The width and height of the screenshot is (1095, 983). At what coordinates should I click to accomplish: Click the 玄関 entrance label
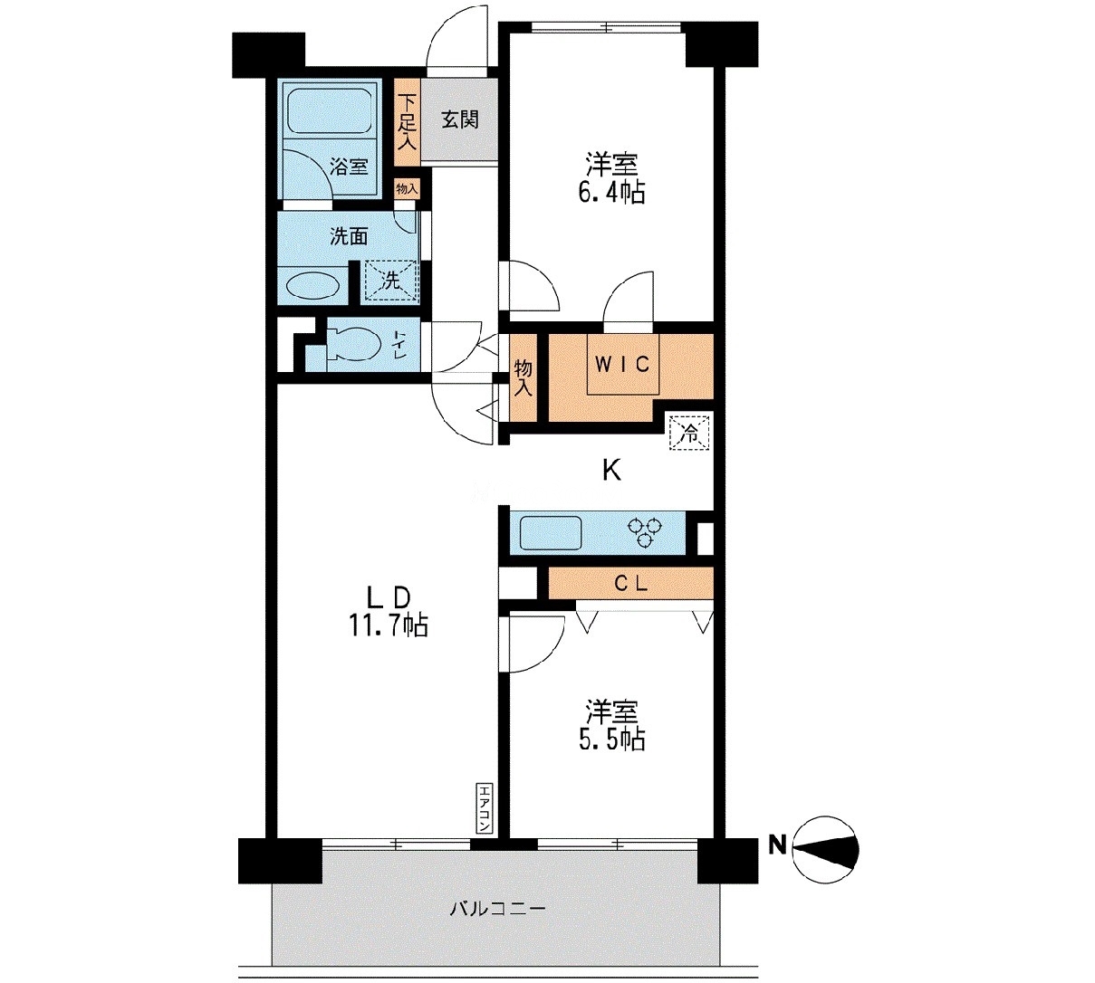pyautogui.click(x=459, y=119)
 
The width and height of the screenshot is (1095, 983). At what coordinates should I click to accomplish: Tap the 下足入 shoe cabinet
pyautogui.click(x=407, y=122)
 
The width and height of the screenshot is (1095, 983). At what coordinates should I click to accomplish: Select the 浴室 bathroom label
pyautogui.click(x=349, y=167)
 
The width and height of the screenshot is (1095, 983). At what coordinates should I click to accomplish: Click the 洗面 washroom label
pyautogui.click(x=349, y=236)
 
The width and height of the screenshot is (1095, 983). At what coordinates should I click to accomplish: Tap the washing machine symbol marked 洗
pyautogui.click(x=390, y=280)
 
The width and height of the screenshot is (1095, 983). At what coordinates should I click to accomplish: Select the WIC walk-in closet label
pyautogui.click(x=622, y=365)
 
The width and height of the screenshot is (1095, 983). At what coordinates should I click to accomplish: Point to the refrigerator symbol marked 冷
pyautogui.click(x=689, y=432)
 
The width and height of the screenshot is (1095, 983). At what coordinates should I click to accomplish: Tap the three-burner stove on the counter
pyautogui.click(x=645, y=532)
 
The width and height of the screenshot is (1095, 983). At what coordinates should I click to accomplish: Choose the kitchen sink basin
pyautogui.click(x=550, y=532)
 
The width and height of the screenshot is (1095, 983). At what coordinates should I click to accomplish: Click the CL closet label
pyautogui.click(x=630, y=583)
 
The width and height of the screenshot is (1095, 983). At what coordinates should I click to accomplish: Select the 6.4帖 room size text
pyautogui.click(x=612, y=192)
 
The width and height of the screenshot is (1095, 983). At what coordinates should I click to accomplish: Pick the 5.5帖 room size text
pyautogui.click(x=612, y=739)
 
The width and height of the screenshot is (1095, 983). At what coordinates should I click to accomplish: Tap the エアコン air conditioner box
pyautogui.click(x=484, y=808)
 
